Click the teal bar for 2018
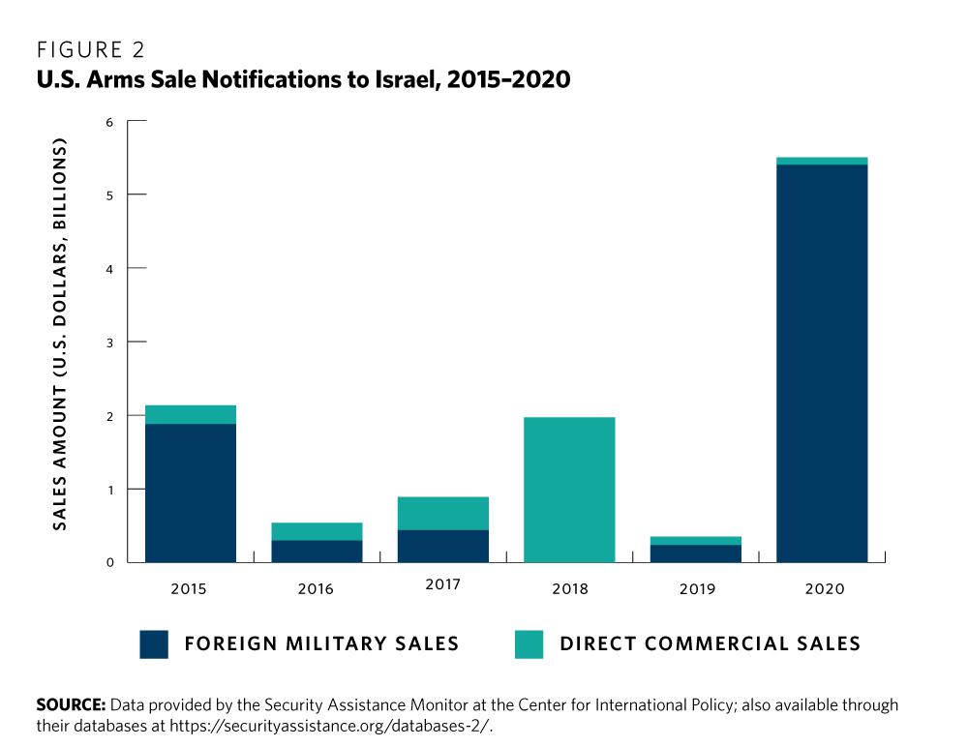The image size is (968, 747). pyautogui.click(x=569, y=490)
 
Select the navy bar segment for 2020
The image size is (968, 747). pyautogui.click(x=821, y=363)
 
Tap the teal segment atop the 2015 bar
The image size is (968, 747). pyautogui.click(x=191, y=414)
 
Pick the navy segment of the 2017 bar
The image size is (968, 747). pyautogui.click(x=442, y=546)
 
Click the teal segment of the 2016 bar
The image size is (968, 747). pyautogui.click(x=317, y=531)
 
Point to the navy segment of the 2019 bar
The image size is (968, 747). pyautogui.click(x=695, y=553)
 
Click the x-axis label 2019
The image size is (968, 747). pyautogui.click(x=695, y=588)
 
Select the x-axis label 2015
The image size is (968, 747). pyautogui.click(x=191, y=588)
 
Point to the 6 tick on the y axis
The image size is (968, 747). pyautogui.click(x=109, y=122)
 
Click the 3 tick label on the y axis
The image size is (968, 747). pyautogui.click(x=109, y=343)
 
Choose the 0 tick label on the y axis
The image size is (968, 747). pyautogui.click(x=109, y=562)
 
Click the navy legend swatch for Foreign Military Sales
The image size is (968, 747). pyautogui.click(x=154, y=644)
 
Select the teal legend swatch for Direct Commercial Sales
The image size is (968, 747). pyautogui.click(x=529, y=644)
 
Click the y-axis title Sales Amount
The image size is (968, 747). pyautogui.click(x=60, y=334)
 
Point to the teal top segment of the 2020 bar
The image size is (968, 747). pyautogui.click(x=821, y=161)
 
